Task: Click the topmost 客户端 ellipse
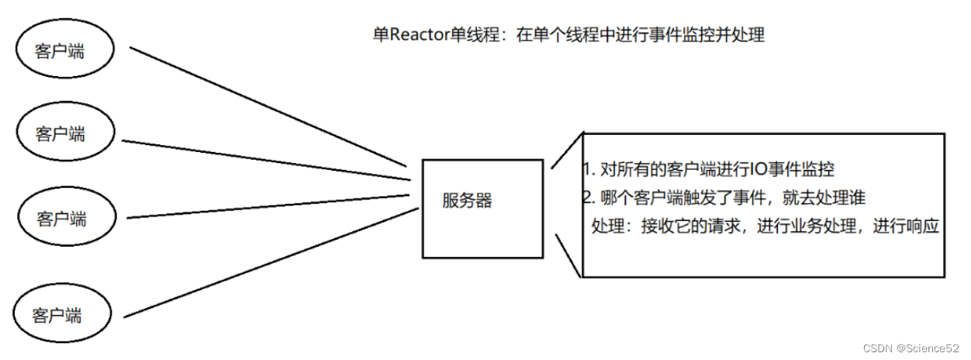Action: tap(65, 51)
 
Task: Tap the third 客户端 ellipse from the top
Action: tap(65, 218)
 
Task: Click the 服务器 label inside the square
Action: tap(467, 200)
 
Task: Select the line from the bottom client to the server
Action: tap(268, 262)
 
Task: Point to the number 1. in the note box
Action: tap(588, 169)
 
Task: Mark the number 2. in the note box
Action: tap(588, 198)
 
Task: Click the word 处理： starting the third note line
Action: tap(612, 227)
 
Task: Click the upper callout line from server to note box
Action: tap(566, 151)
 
